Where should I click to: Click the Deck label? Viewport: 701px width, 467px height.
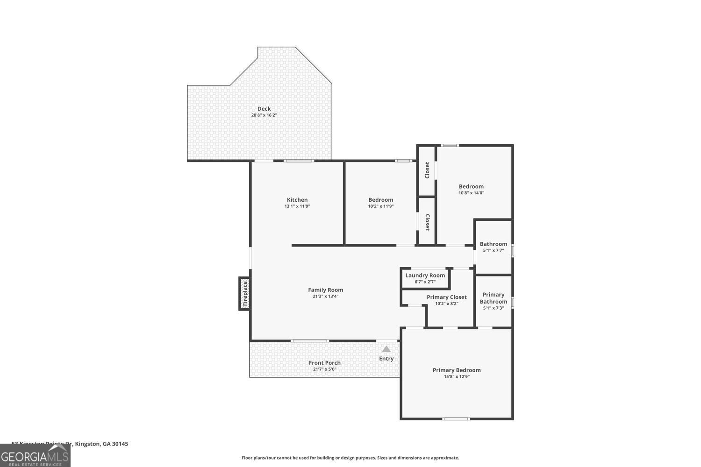coord(264,109)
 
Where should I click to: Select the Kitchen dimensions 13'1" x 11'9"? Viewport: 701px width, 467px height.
coord(297,206)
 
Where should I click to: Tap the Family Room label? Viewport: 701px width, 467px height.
coord(325,290)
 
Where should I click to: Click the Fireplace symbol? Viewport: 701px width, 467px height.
coord(244,294)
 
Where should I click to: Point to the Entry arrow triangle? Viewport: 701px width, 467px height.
coord(386,349)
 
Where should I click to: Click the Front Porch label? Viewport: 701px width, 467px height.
coord(325,363)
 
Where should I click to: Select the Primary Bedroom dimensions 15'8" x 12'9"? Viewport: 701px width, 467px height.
coord(457,376)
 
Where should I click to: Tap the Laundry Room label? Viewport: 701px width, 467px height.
coord(425,276)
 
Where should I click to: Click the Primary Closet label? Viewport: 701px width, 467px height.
coord(446,297)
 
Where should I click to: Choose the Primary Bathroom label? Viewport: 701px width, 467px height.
coord(494,298)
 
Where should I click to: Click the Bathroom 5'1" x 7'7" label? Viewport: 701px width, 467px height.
coord(494,244)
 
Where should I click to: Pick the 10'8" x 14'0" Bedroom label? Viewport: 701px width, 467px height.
coord(471,186)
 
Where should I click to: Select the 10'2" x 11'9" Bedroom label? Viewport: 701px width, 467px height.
coord(380,200)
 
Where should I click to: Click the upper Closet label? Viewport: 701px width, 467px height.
coord(427,170)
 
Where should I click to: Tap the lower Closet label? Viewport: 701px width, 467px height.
coord(427,222)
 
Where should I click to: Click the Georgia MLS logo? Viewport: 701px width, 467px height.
coord(35,455)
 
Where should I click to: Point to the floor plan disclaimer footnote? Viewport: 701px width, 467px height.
coord(350,458)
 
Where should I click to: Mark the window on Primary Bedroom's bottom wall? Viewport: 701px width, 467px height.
coord(456,418)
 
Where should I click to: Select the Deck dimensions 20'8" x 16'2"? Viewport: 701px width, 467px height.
coord(264,115)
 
